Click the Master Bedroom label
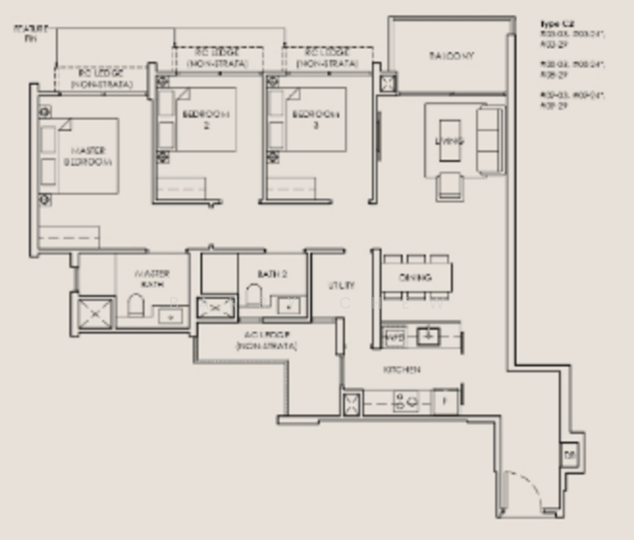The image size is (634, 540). click(88, 156)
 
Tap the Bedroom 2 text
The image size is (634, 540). click(206, 120)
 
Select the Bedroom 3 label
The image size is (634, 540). click(315, 120)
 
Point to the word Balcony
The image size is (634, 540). click(451, 56)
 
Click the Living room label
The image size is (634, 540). click(449, 141)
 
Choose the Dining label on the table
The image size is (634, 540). click(415, 277)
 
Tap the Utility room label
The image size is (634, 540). click(341, 285)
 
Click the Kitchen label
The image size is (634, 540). click(402, 369)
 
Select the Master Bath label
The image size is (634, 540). click(152, 278)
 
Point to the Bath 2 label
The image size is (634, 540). click(271, 274)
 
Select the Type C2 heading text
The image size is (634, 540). click(557, 23)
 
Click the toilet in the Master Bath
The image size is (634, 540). click(136, 304)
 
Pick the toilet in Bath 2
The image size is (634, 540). click(254, 296)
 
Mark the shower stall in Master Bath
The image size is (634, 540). click(94, 312)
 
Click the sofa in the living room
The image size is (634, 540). click(491, 140)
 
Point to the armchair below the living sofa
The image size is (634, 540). click(450, 186)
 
